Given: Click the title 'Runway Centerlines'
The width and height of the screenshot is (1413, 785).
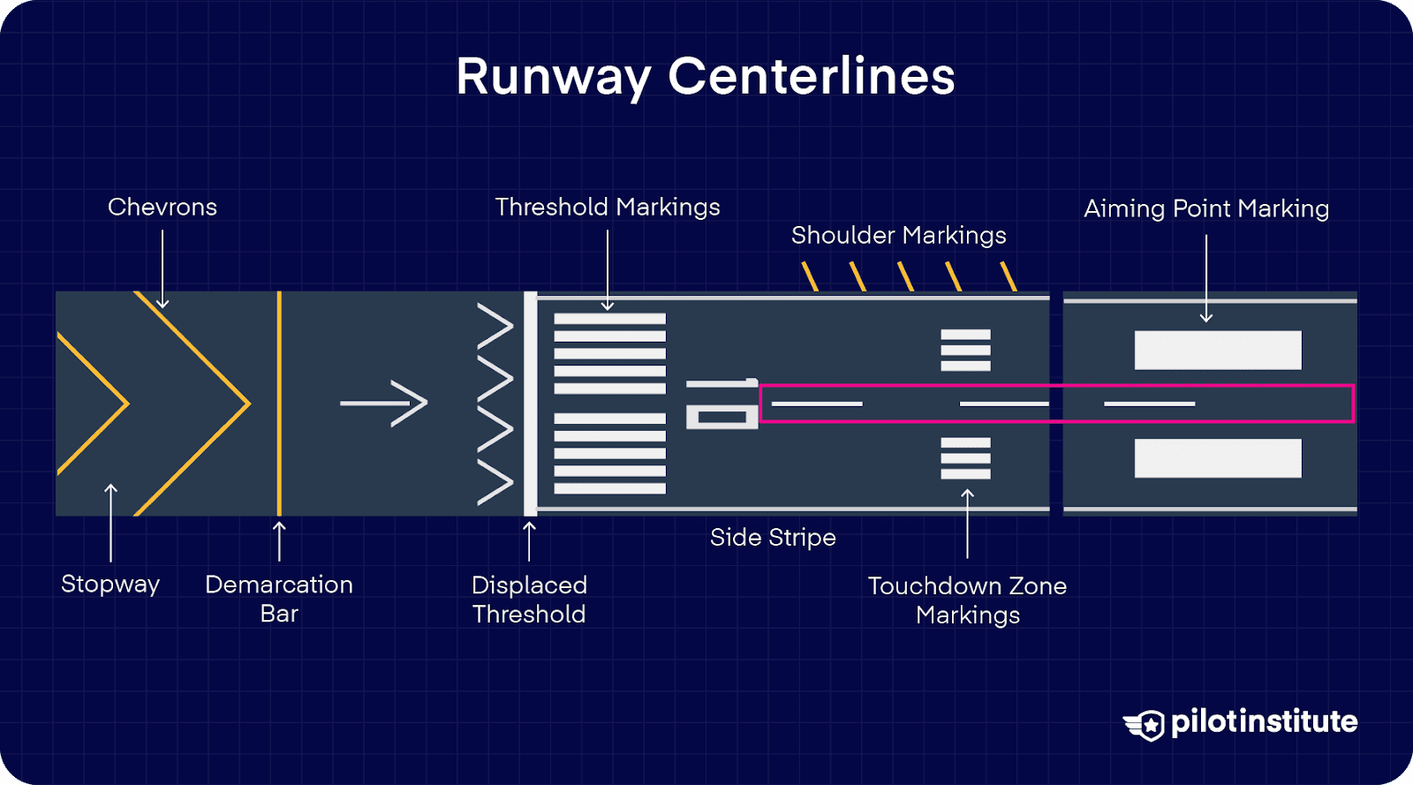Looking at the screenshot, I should click(x=705, y=77).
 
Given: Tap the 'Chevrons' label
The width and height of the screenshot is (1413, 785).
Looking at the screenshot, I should click(x=162, y=207).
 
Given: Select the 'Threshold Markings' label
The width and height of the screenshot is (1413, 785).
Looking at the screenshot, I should click(x=608, y=207).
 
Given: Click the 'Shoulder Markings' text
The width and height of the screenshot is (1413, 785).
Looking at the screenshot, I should click(x=898, y=235).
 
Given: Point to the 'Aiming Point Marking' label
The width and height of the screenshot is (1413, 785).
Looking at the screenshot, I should click(x=1205, y=208).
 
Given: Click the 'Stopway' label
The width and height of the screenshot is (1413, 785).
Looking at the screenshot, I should click(x=110, y=584).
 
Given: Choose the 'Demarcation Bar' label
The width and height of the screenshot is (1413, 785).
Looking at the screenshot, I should click(x=279, y=598).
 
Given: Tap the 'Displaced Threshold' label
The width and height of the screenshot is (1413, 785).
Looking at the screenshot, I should click(x=529, y=599).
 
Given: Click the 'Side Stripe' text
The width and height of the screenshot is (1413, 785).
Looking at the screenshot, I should click(x=773, y=537).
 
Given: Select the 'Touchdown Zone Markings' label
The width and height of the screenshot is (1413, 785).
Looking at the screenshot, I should click(x=967, y=600).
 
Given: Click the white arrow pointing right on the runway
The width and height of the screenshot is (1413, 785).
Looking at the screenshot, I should click(x=384, y=404).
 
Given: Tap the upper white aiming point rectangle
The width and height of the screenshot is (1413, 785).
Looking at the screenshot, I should click(x=1218, y=350).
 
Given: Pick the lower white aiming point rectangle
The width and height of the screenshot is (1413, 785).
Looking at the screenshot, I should click(x=1218, y=458).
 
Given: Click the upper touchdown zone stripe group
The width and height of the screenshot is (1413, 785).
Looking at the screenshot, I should click(x=965, y=350).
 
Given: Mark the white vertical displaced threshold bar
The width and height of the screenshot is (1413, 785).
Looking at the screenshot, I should click(x=530, y=404).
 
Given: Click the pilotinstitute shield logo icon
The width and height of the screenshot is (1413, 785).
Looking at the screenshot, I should click(x=1146, y=725).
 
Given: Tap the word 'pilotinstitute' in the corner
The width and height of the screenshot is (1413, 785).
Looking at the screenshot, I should click(x=1264, y=721).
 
